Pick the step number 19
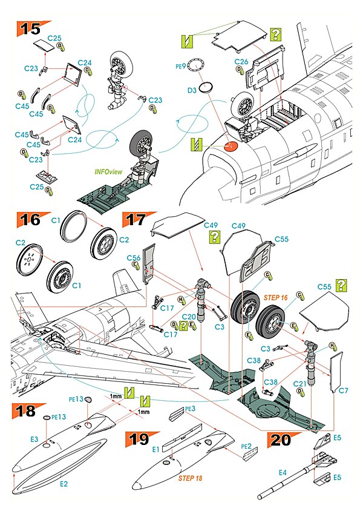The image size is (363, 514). point(139,438)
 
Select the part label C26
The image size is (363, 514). point(241,61)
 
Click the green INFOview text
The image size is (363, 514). point(108,171)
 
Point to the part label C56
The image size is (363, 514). point(134,257)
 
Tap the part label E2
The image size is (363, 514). point(64,485)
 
